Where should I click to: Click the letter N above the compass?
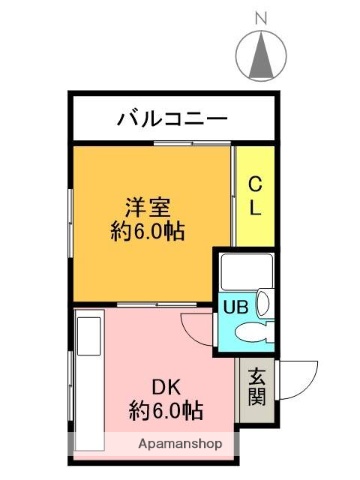(x=261, y=16)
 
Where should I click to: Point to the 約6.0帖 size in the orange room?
(x=147, y=231)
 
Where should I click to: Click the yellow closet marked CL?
(x=253, y=196)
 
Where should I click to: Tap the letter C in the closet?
(x=254, y=184)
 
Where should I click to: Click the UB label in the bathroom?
(x=236, y=307)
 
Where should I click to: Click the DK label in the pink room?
(x=165, y=387)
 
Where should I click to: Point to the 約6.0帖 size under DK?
(x=164, y=409)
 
